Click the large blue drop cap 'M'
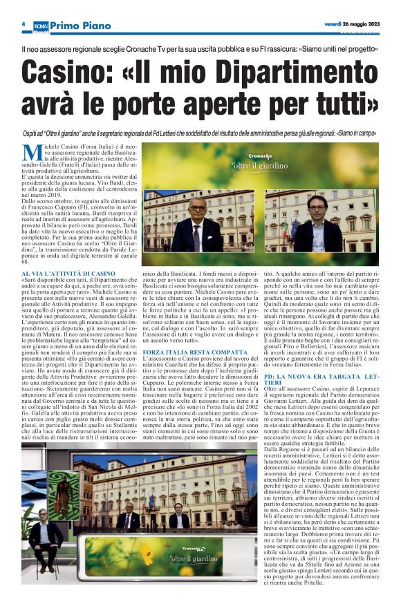pyautogui.click(x=32, y=154)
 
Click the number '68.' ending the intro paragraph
pyautogui.click(x=26, y=261)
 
